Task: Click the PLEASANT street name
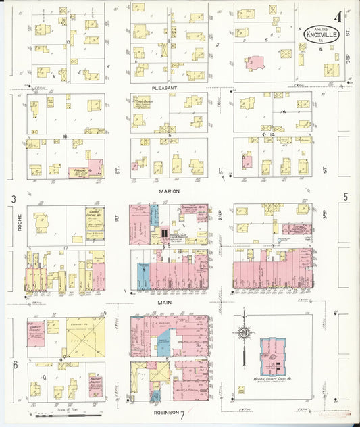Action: pos(169,88)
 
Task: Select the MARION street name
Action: pos(169,191)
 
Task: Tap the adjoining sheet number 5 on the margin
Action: pos(345,197)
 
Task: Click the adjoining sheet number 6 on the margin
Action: pos(14,366)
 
